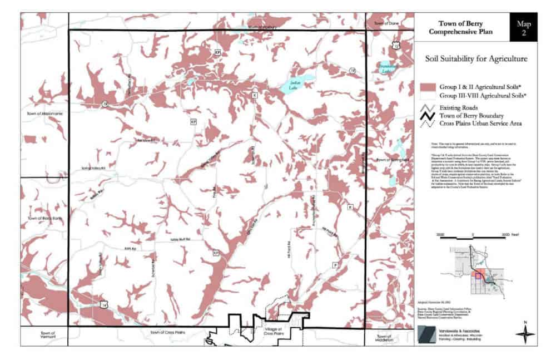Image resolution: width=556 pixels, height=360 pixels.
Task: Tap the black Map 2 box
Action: [523, 28]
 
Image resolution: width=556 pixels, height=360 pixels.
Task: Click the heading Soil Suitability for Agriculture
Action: [476, 58]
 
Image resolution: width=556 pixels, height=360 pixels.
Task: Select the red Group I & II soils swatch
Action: [428, 87]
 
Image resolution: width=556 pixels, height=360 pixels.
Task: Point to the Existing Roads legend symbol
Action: [428, 107]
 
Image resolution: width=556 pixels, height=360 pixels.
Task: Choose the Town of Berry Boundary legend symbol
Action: [428, 116]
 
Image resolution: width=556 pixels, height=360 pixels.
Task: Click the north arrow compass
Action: [524, 333]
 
